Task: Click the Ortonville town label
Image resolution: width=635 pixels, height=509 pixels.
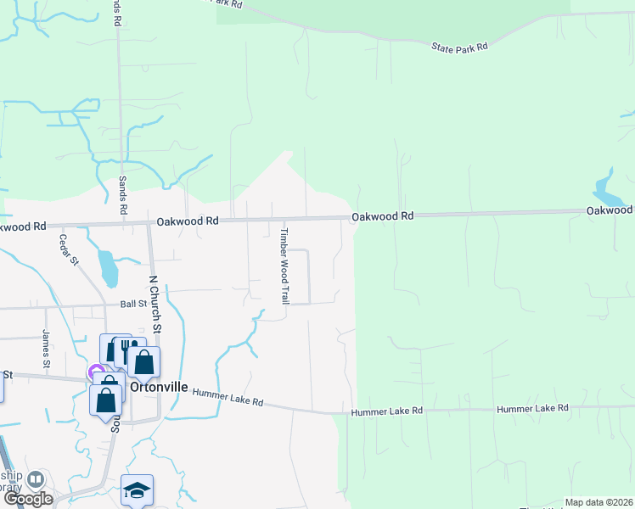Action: coord(160,388)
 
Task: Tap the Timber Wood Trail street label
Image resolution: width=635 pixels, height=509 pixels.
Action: coord(285,266)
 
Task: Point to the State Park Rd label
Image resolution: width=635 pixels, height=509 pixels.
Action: coord(459,48)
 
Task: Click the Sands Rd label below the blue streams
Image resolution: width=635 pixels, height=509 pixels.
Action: coord(123,195)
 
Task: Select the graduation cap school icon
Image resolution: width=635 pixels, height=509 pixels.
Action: coord(137,489)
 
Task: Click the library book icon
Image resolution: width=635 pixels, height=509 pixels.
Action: coord(36,480)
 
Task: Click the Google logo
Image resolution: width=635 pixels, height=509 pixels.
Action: coord(27,499)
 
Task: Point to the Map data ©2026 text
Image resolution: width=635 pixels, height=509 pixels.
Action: coord(598,502)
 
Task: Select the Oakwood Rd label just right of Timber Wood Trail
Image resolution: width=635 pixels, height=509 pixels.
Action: coord(383,216)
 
